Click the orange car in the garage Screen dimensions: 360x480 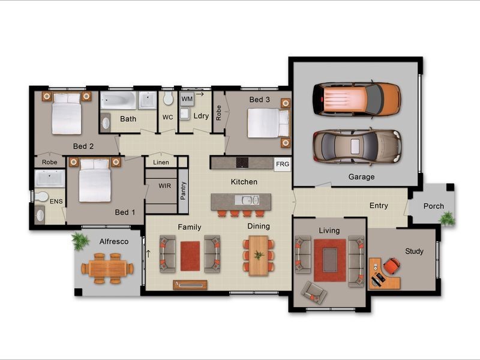356,99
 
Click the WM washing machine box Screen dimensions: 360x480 187,98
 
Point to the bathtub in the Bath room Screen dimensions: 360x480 118,100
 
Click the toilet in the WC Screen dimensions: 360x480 167,98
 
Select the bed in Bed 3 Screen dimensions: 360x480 264,122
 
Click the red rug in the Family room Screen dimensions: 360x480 190,254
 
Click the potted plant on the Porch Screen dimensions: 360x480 447,218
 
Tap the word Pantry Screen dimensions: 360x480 183,193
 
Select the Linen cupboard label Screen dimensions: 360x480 161,162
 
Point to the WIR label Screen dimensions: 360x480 164,186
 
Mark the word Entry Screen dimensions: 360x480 379,206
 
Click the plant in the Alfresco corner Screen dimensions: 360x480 80,242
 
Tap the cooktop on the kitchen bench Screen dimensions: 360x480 241,163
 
